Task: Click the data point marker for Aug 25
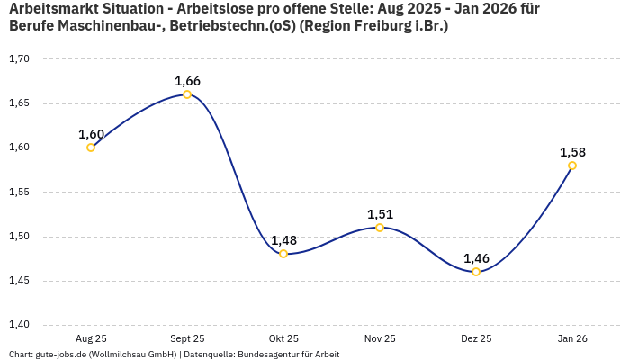91,148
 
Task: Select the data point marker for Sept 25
187,94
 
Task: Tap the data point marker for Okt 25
283,254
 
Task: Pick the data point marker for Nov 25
380,228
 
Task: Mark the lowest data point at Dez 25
476,272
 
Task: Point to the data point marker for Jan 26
572,166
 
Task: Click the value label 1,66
187,81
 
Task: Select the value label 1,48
283,240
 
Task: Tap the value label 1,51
380,214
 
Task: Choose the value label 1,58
572,152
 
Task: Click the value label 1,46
476,258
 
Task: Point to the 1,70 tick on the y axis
19,59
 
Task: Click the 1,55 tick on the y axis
19,193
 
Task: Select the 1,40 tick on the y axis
19,325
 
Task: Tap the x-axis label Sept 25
187,338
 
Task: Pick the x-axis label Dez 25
476,338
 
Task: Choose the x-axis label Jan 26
572,338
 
